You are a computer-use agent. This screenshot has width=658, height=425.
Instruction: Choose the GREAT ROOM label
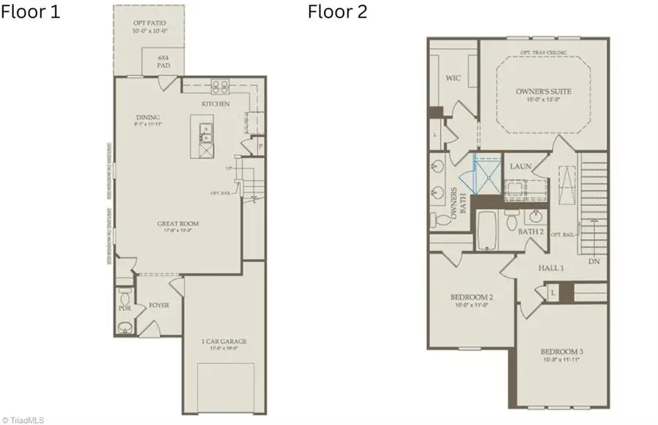click(178, 224)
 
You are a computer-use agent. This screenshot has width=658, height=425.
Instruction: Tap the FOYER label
click(159, 304)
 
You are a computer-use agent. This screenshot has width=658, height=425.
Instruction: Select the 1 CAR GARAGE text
click(224, 341)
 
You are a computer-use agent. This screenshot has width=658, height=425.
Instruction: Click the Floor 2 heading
click(337, 12)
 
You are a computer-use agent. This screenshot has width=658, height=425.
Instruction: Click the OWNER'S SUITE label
click(543, 91)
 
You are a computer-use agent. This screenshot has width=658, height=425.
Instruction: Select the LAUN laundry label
click(521, 167)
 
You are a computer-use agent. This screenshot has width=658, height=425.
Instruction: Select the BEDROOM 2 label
click(472, 297)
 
